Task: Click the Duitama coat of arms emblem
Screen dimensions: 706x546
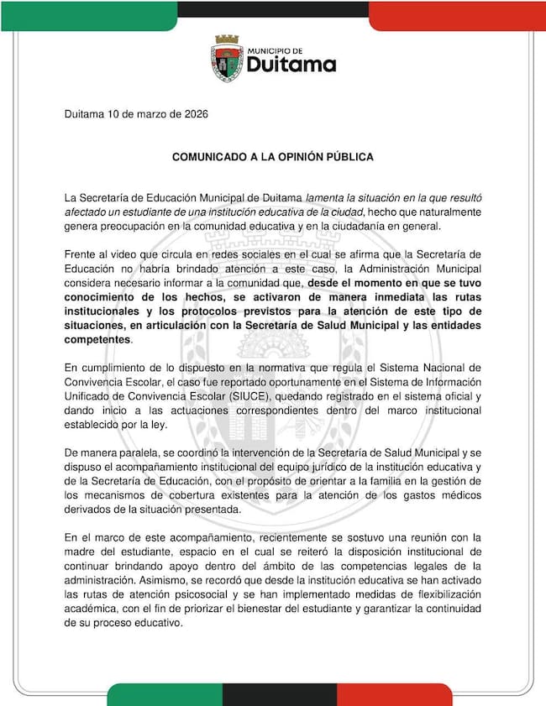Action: (x=226, y=59)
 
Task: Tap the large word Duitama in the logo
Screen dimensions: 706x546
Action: (x=290, y=65)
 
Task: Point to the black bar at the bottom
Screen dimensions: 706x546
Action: (x=279, y=694)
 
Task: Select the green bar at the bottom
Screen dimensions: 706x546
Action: (x=164, y=694)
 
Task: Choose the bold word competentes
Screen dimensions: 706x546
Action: (x=97, y=340)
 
